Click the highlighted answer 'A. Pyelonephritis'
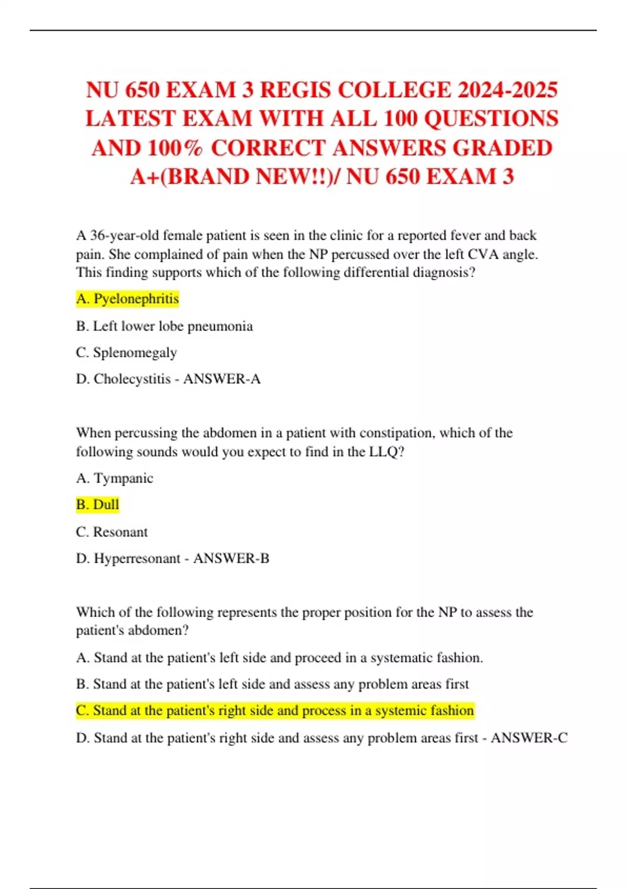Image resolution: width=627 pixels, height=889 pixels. [127, 299]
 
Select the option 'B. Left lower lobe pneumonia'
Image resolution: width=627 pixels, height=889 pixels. [164, 326]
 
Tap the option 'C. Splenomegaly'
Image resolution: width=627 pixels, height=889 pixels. [126, 352]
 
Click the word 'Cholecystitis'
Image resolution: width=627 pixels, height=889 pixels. [132, 379]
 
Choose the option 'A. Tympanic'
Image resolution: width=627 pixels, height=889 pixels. [114, 478]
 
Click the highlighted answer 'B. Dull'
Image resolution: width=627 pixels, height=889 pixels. [98, 505]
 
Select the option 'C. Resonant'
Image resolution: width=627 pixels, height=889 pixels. [112, 532]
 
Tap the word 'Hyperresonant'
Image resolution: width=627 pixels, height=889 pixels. [137, 559]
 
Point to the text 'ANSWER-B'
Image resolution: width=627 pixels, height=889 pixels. [231, 559]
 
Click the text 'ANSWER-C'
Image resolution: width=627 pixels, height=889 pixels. [529, 738]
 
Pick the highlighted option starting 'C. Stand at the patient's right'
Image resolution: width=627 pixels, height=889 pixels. [275, 711]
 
